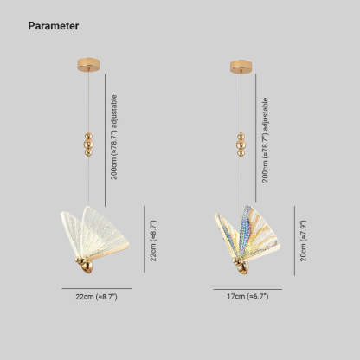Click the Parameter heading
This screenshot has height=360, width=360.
pyautogui.click(x=54, y=26)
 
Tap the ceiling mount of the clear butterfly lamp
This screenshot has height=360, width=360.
pyautogui.click(x=89, y=64)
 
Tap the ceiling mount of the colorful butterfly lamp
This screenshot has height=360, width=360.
pyautogui.click(x=241, y=67)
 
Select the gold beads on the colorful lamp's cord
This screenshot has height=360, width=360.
pyautogui.click(x=241, y=145)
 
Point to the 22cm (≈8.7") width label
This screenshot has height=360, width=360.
pyautogui.click(x=97, y=297)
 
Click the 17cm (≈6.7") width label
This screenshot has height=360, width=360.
pyautogui.click(x=247, y=296)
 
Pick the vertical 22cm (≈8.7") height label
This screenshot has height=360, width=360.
pyautogui.click(x=153, y=241)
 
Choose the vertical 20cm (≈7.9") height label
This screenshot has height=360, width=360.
pyautogui.click(x=304, y=241)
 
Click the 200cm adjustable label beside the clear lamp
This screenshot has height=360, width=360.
pyautogui.click(x=114, y=138)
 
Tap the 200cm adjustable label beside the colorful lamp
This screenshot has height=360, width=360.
pyautogui.click(x=265, y=140)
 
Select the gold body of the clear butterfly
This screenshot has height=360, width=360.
pyautogui.click(x=85, y=265)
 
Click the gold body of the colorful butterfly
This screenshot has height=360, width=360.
pyautogui.click(x=241, y=266)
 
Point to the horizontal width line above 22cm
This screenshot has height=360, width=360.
pyautogui.click(x=97, y=288)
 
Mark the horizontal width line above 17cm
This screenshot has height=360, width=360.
pyautogui.click(x=247, y=289)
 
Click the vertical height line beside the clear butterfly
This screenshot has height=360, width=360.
pyautogui.click(x=144, y=239)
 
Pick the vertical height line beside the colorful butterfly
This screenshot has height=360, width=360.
pyautogui.click(x=294, y=241)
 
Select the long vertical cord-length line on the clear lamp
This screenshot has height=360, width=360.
pyautogui.click(x=105, y=139)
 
